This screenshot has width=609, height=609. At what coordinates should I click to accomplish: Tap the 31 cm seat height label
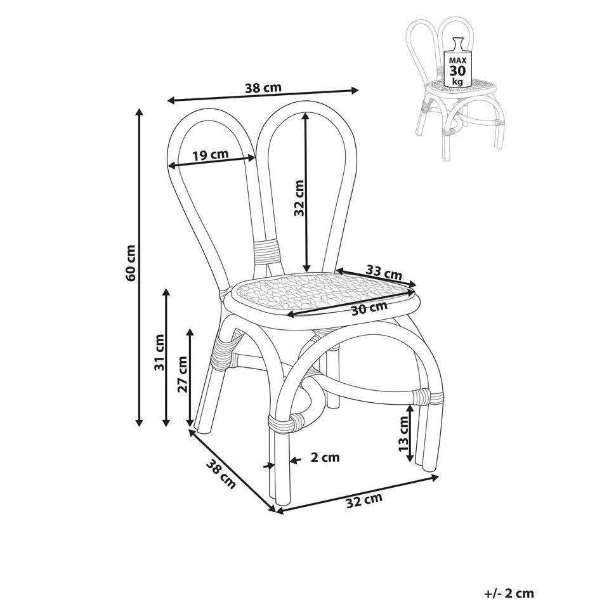[159, 352]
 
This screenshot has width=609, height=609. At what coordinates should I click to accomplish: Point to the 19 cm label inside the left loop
[210, 155]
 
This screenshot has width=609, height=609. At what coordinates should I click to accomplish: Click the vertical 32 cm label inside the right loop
[299, 198]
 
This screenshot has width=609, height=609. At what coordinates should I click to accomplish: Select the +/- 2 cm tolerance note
[509, 594]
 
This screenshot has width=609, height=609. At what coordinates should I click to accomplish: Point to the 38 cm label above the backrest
[263, 88]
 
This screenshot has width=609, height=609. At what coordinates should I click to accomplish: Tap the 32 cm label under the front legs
[364, 500]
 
